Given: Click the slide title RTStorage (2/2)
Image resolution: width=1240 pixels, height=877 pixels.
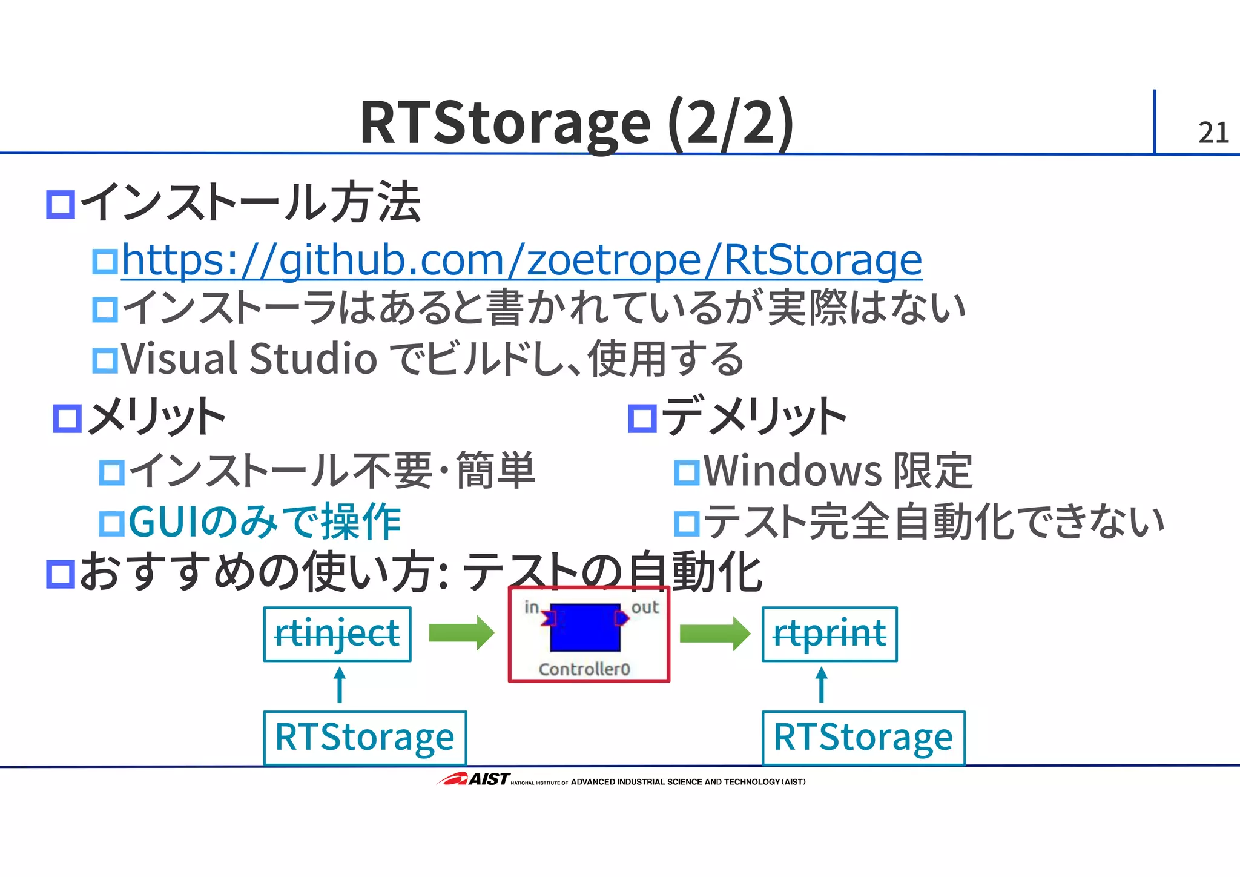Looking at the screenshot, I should [576, 122].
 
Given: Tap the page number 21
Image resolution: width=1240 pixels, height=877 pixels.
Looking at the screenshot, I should [1213, 133].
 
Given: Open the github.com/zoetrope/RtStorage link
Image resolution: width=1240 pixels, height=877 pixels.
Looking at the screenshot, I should [521, 260].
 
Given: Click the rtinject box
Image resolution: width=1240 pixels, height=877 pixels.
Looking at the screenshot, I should [337, 634].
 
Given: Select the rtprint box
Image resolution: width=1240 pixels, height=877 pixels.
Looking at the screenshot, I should [829, 634].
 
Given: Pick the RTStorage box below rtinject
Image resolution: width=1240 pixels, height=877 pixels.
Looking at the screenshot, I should [364, 737].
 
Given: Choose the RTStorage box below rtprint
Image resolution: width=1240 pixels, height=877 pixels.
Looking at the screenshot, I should [863, 737].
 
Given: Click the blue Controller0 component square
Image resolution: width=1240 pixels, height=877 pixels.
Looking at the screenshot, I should [585, 627].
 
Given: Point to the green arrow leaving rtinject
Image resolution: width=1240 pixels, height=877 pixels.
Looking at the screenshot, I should [461, 633].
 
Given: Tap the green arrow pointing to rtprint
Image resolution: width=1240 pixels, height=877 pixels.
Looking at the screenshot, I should [714, 633].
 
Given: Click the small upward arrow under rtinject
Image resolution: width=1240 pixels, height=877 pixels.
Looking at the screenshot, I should [340, 684].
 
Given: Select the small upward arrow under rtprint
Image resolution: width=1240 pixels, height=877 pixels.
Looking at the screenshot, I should [822, 684].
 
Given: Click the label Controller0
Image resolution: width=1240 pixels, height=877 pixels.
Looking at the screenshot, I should [584, 669].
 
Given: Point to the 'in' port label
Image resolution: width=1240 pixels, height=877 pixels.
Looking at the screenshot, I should [531, 607].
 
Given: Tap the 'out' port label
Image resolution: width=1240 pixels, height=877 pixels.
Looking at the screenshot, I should [645, 607].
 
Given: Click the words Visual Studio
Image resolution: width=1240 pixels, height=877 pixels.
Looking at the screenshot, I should [249, 359].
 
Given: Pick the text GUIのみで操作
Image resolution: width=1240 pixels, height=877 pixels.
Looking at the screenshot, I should [265, 522].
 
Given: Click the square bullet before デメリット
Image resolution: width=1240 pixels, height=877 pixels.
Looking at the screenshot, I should [642, 418].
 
